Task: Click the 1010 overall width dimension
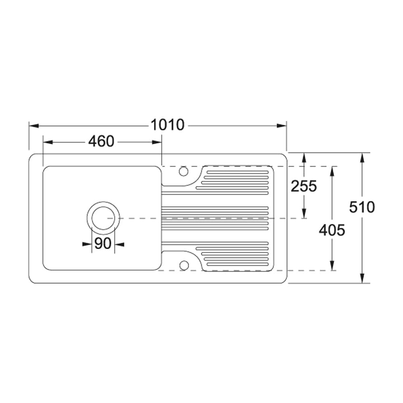click(x=167, y=125)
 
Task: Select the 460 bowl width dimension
click(x=101, y=141)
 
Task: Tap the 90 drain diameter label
click(x=103, y=243)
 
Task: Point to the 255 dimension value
click(x=304, y=186)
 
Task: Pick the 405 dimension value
click(x=332, y=230)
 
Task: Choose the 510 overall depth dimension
click(x=362, y=207)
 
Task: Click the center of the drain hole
click(x=103, y=218)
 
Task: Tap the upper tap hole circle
click(x=183, y=171)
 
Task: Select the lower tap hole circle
click(x=184, y=266)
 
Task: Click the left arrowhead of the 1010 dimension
click(x=34, y=126)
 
